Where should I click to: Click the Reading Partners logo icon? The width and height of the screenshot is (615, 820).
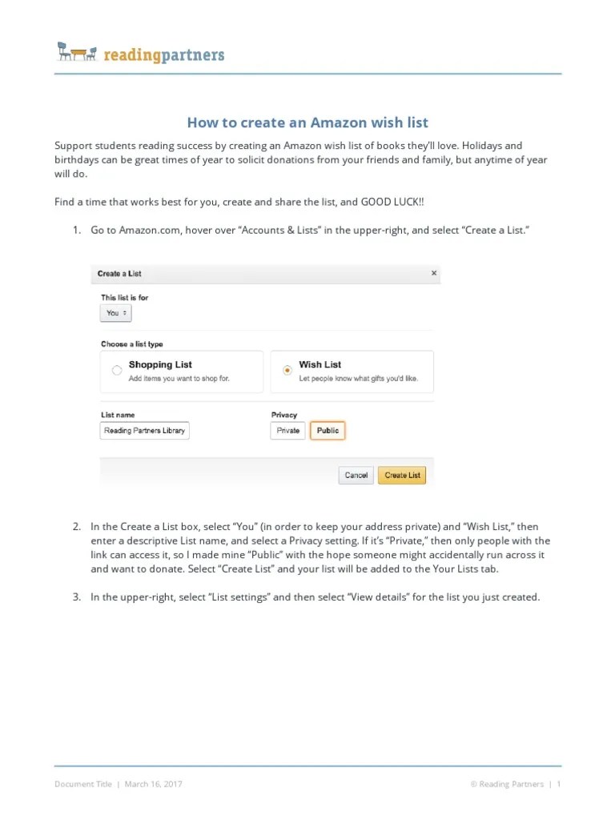click(x=77, y=53)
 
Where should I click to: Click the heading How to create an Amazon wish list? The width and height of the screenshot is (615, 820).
click(x=307, y=123)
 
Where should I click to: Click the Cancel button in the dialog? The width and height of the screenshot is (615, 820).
click(x=356, y=475)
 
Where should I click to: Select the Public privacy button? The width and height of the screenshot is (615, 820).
click(x=328, y=431)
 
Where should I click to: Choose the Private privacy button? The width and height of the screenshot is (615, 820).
click(x=287, y=431)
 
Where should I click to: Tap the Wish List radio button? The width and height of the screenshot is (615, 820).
click(x=287, y=371)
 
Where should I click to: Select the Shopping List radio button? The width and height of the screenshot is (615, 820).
click(x=117, y=371)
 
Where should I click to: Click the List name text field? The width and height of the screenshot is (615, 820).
click(x=145, y=431)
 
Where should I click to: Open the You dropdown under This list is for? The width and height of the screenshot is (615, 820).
click(x=116, y=313)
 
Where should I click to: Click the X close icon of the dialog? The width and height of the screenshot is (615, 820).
click(x=434, y=273)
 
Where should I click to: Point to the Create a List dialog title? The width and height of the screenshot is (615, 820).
click(x=119, y=274)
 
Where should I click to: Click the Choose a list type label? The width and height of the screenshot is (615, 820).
click(x=131, y=344)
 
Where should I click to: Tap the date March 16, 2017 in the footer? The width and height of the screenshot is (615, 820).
click(x=153, y=784)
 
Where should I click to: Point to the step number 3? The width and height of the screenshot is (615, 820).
click(x=76, y=597)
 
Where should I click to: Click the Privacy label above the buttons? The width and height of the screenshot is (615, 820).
click(x=284, y=415)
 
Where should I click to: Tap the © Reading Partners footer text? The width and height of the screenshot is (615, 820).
click(x=507, y=784)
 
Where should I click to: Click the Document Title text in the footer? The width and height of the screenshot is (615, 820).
click(x=83, y=784)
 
